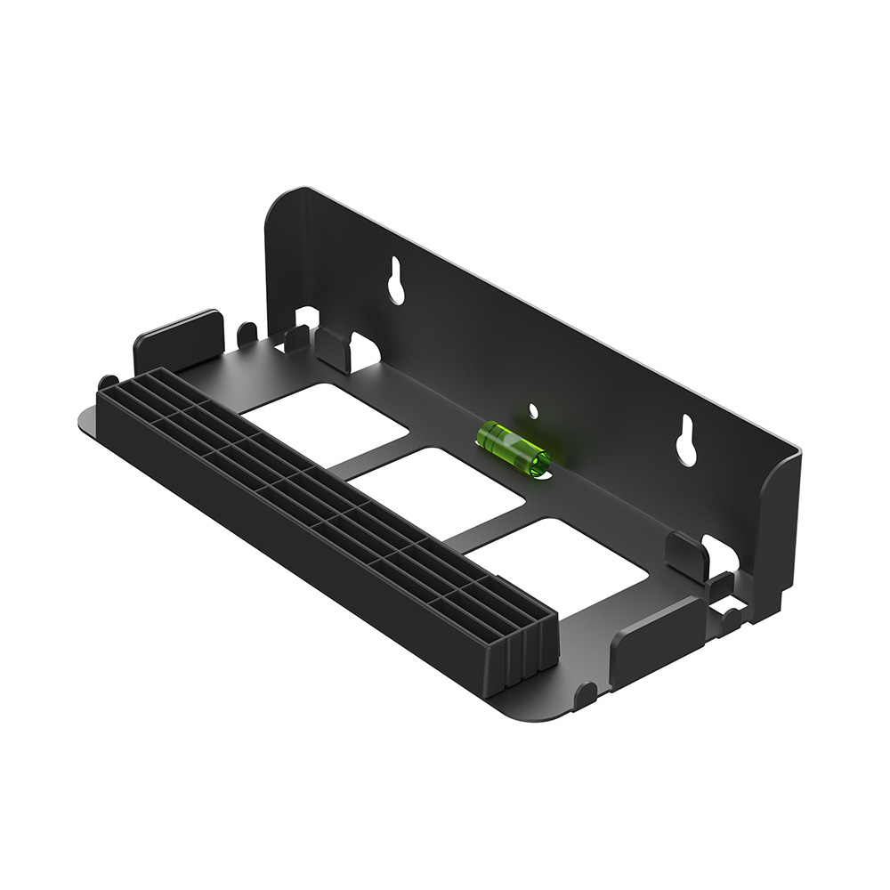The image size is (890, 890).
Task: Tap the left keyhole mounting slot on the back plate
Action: [x=397, y=280]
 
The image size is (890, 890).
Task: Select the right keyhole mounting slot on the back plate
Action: [x=686, y=439]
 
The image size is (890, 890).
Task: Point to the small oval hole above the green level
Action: [x=533, y=411]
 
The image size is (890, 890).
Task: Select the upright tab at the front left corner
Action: [x=177, y=340]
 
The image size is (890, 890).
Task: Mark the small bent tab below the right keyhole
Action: [x=686, y=556]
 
